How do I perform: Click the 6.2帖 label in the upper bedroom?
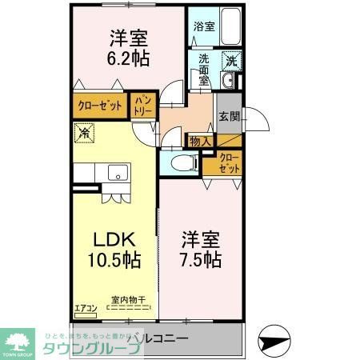pos(127,58)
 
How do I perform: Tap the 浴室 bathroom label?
pos(203,26)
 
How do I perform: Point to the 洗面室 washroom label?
pos(204,70)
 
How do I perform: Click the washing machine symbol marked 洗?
pos(230,59)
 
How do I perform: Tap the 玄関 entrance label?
pos(229,117)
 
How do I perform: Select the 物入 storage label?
pos(200,141)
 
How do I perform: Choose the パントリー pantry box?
pos(142,106)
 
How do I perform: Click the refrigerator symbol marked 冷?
pos(83,134)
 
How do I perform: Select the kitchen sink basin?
pos(118,172)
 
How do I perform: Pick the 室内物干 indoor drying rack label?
pos(129,299)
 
